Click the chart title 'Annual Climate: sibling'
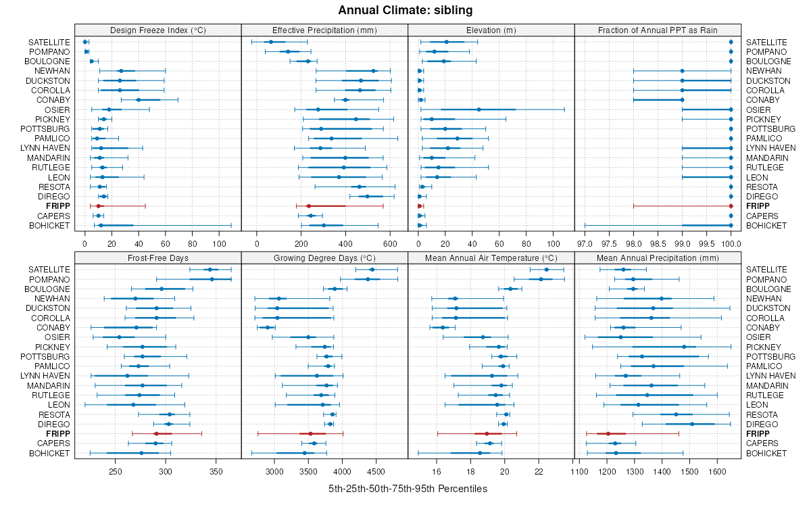pos(405,10)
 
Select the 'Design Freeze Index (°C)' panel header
pos(158,30)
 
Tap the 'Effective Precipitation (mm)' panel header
pos(324,30)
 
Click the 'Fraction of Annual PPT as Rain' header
pos(658,30)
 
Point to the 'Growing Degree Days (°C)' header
pos(324,258)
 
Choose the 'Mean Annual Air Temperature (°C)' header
pos(491,258)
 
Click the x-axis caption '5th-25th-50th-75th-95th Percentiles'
pos(408,488)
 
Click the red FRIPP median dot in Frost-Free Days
pos(156,433)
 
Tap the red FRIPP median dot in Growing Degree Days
pos(310,433)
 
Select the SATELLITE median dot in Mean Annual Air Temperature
pos(547,270)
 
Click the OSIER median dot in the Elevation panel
pos(479,110)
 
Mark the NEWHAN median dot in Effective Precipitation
pos(373,71)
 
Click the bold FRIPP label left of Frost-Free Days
pos(57,433)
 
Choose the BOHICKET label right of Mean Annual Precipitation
pos(766,453)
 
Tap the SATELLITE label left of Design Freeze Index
pos(49,42)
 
